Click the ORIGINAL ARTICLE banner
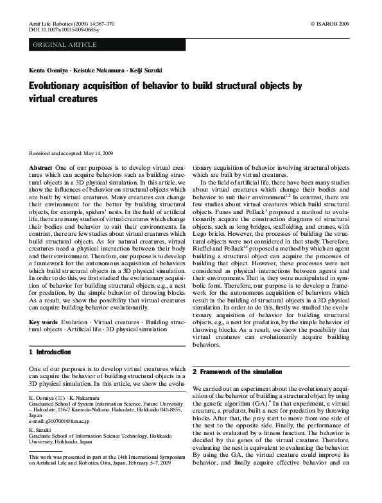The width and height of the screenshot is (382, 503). click(x=65, y=45)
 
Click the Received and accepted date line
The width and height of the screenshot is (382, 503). click(x=71, y=153)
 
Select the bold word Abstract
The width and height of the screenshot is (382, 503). click(x=41, y=167)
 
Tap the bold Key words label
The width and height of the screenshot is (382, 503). click(x=44, y=322)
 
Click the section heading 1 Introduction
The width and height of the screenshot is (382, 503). click(x=51, y=352)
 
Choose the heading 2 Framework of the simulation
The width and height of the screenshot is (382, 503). click(x=238, y=372)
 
